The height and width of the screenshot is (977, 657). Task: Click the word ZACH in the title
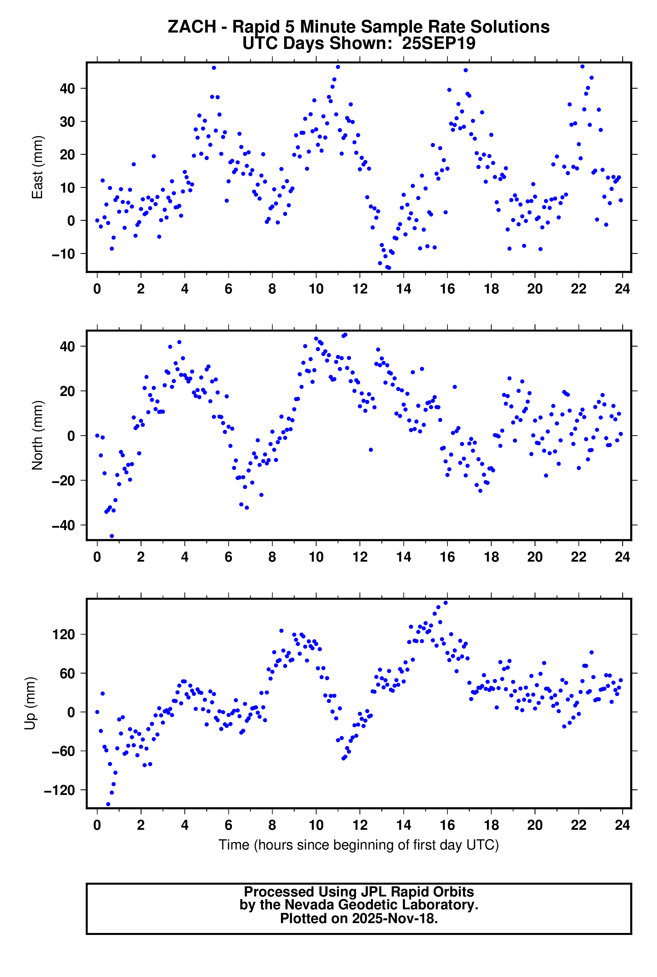tap(192, 27)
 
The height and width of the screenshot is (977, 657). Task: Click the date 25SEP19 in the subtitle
tap(438, 43)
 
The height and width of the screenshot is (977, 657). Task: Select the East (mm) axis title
tap(38, 167)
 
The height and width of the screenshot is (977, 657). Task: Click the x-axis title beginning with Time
tap(359, 845)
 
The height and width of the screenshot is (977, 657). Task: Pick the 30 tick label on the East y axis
tap(67, 122)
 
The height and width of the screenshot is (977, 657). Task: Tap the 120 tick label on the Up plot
tap(64, 634)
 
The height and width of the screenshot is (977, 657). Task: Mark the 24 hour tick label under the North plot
tap(622, 557)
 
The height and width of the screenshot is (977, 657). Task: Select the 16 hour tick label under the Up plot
tap(447, 825)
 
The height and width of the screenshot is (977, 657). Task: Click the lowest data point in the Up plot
tap(108, 804)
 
